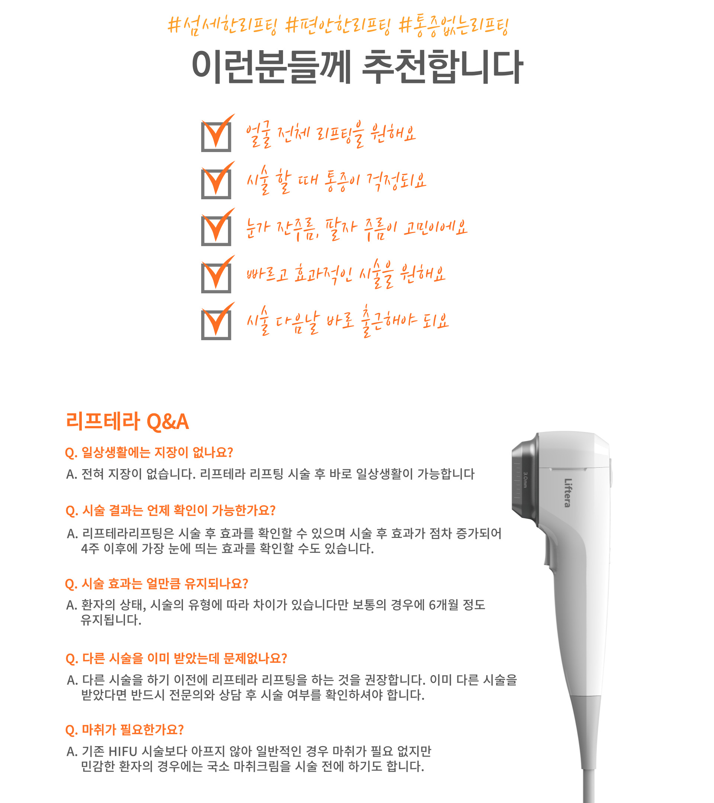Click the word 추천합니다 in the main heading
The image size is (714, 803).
(442, 67)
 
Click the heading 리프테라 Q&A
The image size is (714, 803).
(127, 422)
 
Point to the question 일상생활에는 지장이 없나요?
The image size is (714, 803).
(149, 452)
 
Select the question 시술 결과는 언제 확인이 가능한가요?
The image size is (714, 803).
(170, 511)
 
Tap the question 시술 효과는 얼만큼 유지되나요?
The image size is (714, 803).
(157, 584)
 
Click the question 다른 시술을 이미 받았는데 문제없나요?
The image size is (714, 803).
(176, 658)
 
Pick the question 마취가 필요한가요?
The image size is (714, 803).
(124, 730)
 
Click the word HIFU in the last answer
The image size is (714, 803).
(123, 752)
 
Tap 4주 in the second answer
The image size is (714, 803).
(90, 548)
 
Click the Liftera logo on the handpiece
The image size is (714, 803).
(567, 493)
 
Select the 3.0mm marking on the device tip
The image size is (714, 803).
(525, 480)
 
